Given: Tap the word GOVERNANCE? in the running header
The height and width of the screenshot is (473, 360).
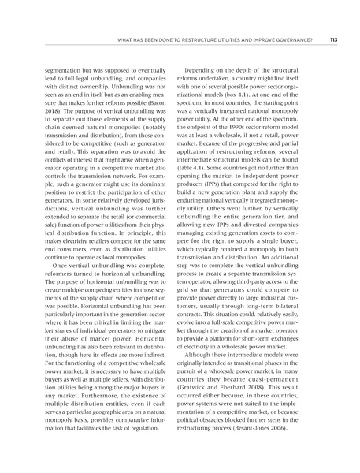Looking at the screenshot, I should click(290, 42).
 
